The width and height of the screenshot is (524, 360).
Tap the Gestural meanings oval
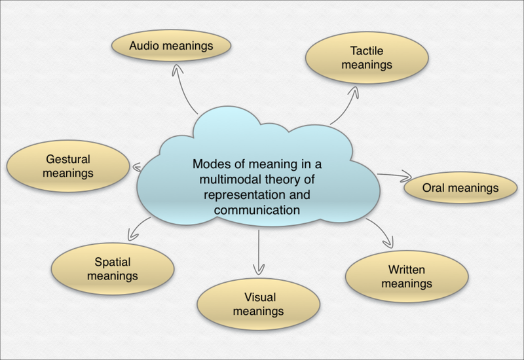67,166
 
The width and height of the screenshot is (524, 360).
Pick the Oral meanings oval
460,189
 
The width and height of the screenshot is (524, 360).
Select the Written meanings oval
407,277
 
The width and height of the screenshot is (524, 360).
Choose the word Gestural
67,159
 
